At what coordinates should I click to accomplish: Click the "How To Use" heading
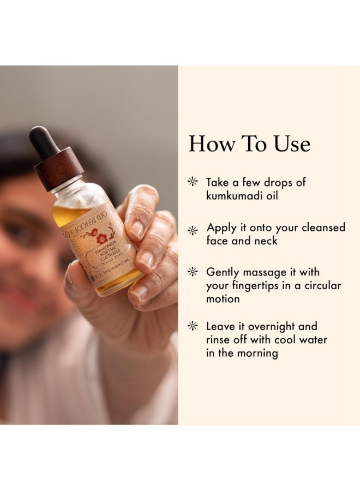(x=249, y=143)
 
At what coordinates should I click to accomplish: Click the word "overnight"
(x=271, y=326)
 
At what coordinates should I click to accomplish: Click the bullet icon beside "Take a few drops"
(x=192, y=182)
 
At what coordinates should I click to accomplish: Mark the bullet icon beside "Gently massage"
(x=192, y=272)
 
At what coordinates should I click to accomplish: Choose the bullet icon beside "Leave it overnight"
(x=192, y=326)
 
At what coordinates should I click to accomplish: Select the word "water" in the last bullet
(x=313, y=339)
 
